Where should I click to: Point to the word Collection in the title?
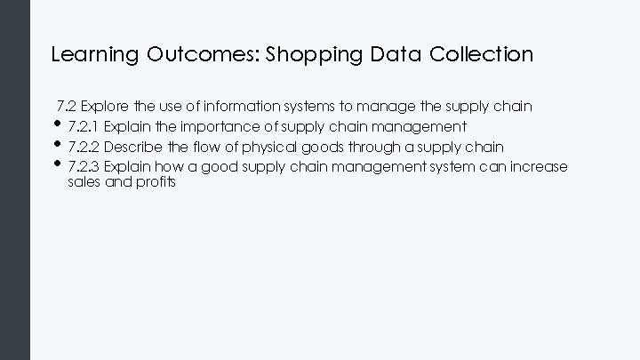481,55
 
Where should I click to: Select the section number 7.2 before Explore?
67,107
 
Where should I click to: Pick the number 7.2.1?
84,126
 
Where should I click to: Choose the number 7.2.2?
84,147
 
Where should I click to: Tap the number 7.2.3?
84,167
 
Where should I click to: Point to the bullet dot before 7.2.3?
59,164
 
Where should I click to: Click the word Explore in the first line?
107,107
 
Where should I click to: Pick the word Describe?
132,147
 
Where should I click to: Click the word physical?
240,147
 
